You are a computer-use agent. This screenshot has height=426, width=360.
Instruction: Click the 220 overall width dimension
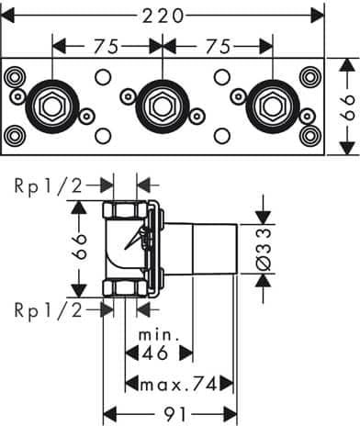163,16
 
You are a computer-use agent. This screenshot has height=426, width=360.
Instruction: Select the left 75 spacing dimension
106,47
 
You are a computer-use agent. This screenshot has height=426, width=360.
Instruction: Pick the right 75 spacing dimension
218,47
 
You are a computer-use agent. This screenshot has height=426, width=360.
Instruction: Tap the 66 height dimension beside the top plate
347,106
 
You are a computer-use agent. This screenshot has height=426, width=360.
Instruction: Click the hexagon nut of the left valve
52,106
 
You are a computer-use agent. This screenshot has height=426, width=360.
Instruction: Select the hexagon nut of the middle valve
163,106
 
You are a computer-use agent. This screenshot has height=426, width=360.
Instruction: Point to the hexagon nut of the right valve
272,106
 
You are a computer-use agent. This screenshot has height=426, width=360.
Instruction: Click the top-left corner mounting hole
13,77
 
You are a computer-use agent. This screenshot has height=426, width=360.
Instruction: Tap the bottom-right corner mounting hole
310,136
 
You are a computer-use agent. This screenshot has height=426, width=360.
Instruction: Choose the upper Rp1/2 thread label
49,185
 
